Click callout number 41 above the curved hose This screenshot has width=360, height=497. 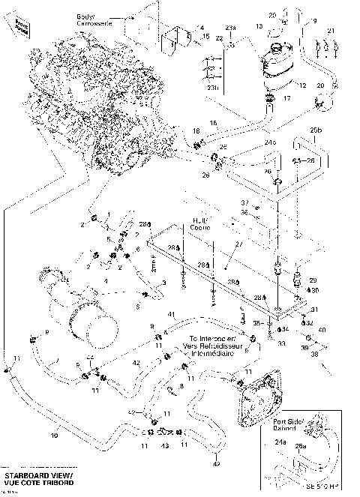[171, 313]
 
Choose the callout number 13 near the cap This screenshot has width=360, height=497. [258, 25]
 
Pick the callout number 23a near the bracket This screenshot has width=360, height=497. [231, 28]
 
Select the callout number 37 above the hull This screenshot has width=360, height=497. [244, 202]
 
